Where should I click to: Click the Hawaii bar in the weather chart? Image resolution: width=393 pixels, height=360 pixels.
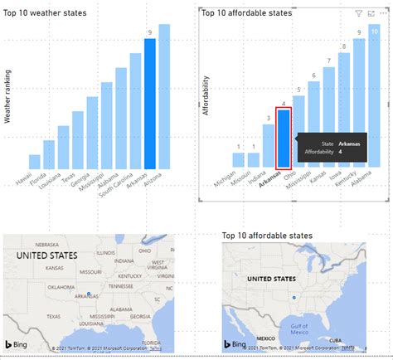click(x=34, y=161)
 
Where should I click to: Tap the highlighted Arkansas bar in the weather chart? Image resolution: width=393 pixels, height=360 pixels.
click(x=150, y=103)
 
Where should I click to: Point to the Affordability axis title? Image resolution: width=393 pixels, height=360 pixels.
click(x=206, y=96)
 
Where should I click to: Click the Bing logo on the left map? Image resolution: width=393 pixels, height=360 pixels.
click(x=22, y=343)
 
